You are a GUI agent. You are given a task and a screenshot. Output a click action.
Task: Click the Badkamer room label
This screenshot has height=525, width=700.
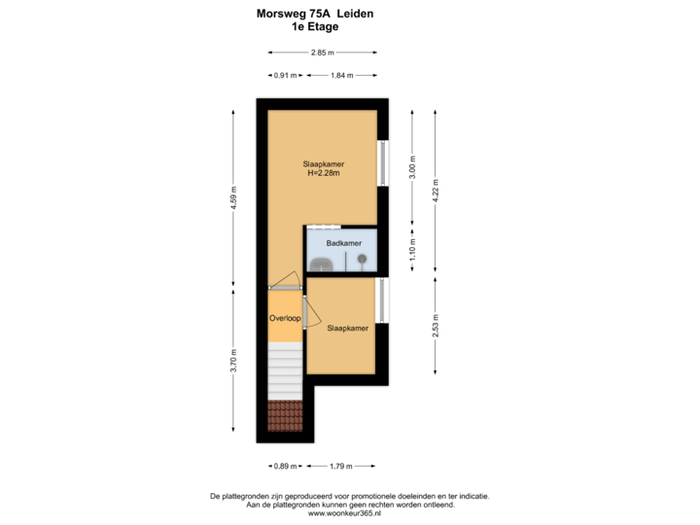click(x=344, y=243)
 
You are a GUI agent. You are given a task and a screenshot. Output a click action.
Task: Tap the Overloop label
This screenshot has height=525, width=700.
click(x=285, y=318)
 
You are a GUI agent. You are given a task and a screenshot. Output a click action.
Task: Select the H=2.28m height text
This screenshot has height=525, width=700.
click(x=325, y=174)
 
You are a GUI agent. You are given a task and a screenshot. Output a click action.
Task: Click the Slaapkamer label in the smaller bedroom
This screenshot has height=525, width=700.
click(x=347, y=329)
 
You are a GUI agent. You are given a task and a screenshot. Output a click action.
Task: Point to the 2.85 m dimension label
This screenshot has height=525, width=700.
click(x=322, y=52)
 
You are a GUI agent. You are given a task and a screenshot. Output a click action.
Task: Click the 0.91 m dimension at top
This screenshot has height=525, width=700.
click(x=285, y=75)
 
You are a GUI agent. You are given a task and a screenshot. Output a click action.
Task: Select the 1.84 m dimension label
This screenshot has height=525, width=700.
click(x=342, y=75)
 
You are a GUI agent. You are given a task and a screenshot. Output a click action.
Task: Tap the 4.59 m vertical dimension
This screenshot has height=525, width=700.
click(x=233, y=202)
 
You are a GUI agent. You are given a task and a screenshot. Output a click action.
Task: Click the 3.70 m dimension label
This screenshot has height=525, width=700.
click(x=233, y=359)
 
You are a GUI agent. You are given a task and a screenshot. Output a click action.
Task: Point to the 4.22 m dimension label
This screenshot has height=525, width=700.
click(x=437, y=188)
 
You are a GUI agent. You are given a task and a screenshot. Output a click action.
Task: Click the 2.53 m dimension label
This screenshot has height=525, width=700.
click(x=437, y=321)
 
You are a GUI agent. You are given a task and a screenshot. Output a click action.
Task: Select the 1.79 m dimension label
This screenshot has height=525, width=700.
click(x=340, y=465)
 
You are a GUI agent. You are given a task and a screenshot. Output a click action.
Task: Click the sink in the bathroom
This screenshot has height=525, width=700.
click(x=321, y=262)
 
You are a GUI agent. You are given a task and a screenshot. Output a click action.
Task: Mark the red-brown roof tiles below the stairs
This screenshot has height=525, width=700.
click(x=285, y=415)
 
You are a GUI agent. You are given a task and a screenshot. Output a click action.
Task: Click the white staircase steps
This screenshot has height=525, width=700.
click(x=285, y=374)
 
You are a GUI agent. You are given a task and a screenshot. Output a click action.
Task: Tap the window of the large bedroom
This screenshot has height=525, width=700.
click(x=383, y=162)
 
